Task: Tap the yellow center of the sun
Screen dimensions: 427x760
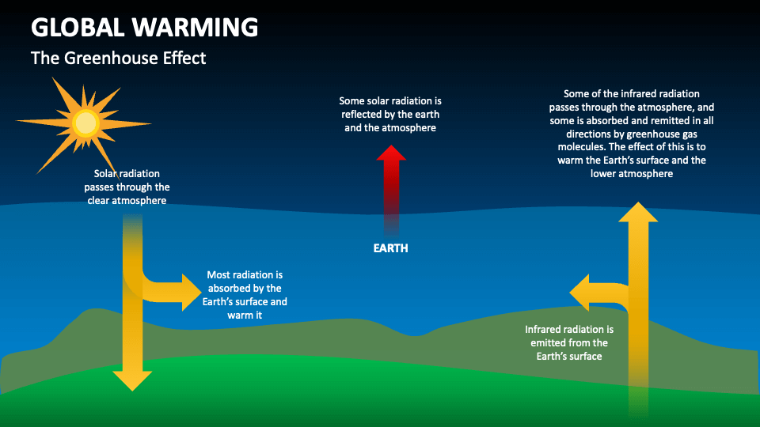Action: [84, 123]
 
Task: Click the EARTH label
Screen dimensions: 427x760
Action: [391, 248]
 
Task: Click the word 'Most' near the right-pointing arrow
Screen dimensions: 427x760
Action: [218, 275]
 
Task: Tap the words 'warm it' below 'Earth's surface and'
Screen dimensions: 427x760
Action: [245, 316]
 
